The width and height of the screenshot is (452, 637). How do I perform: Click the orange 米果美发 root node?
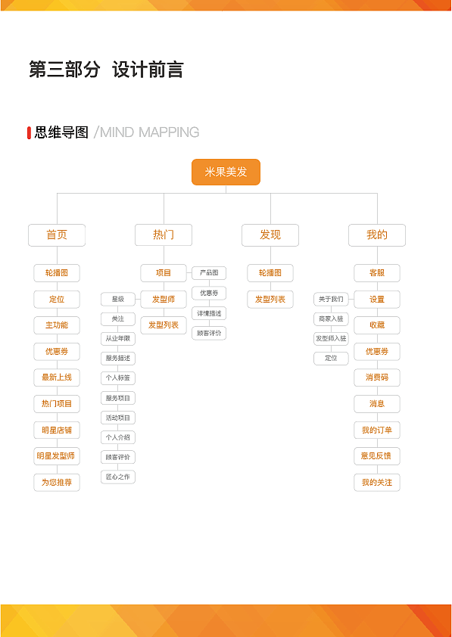226,172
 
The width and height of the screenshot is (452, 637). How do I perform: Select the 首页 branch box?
57,235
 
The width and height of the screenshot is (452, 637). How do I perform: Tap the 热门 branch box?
164,235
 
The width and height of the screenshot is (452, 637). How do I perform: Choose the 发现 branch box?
270,235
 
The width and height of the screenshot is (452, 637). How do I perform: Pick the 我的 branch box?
377,235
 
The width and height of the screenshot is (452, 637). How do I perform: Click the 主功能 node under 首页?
57,325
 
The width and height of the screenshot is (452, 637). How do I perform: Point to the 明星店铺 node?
57,430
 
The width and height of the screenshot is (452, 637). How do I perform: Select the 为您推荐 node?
57,483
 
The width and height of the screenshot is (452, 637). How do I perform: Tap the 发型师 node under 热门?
164,300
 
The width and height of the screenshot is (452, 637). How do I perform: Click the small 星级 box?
118,300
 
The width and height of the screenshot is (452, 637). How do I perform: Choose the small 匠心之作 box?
118,477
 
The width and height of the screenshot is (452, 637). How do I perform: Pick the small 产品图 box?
209,273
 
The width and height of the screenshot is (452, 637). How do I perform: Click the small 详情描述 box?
209,313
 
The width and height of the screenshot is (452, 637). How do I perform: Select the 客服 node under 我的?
377,273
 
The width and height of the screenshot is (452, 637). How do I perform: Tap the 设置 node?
377,300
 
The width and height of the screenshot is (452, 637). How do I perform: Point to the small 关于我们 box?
331,300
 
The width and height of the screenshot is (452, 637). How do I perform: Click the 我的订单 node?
377,430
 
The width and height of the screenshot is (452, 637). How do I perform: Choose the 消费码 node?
377,378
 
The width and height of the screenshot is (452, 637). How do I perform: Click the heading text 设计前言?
148,70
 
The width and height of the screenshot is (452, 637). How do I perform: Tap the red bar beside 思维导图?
29,133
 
